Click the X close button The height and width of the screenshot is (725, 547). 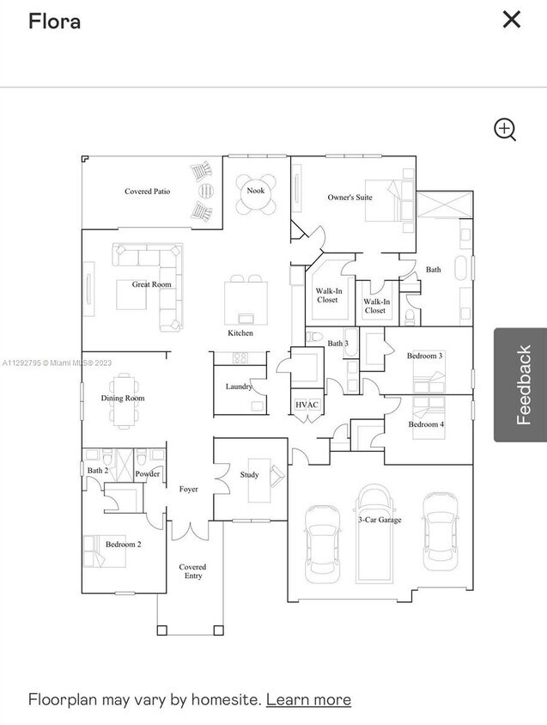click(511, 19)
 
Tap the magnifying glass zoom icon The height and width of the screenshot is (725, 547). click(505, 130)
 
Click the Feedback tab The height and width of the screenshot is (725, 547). click(520, 385)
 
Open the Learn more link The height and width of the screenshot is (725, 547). click(308, 699)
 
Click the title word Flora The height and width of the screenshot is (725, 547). click(54, 21)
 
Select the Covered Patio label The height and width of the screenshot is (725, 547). click(147, 192)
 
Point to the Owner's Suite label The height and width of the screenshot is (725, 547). click(349, 198)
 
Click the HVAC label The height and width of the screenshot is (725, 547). click(307, 404)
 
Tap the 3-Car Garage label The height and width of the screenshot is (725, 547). click(379, 519)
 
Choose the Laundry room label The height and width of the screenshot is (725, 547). click(239, 387)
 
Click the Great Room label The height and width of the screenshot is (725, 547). click(151, 284)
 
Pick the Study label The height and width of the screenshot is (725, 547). click(249, 474)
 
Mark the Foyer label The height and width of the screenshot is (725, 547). click(189, 489)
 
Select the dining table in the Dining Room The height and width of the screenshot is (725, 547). click(124, 399)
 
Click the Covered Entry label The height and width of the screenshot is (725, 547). click(192, 571)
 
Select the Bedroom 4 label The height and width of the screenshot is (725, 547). click(426, 424)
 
